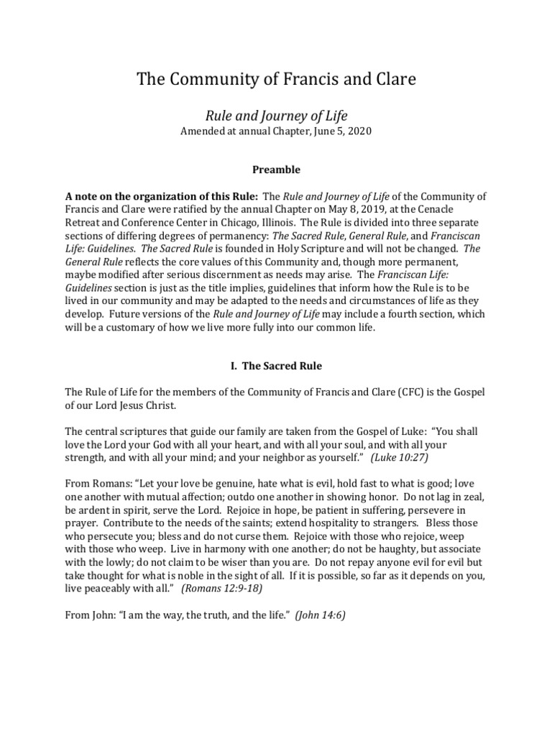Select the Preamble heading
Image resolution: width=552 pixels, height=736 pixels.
pos(275,170)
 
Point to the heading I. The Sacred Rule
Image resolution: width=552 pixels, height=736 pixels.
pos(276,366)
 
